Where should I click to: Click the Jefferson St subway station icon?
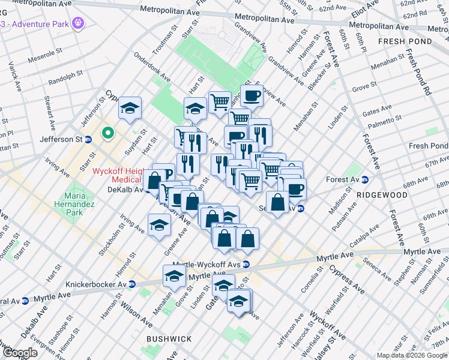click(88, 139)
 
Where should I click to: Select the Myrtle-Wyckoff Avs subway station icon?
click(246, 264)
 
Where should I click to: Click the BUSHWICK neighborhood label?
click(169, 339)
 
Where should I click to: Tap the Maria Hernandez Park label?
click(74, 201)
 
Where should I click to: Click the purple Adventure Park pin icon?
click(77, 23)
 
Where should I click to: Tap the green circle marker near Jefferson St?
click(109, 133)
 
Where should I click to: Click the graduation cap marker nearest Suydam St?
click(130, 108)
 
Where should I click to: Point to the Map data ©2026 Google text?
click(412, 355)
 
